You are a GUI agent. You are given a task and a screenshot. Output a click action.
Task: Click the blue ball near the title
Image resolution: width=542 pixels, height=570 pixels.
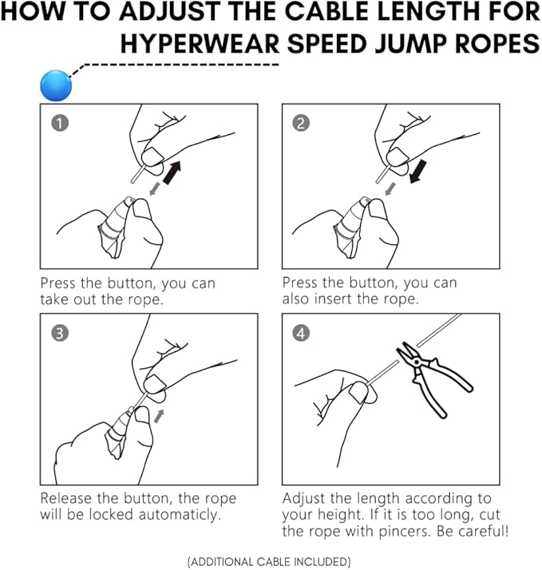55,85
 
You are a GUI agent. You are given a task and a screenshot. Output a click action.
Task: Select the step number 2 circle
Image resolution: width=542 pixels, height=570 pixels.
300,123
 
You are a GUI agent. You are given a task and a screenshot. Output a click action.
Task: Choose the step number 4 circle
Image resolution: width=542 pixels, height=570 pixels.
300,333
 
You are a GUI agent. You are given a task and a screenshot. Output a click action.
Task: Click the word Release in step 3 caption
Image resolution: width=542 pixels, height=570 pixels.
68,498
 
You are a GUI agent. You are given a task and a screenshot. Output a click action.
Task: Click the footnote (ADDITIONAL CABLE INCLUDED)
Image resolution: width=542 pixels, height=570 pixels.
269,562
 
